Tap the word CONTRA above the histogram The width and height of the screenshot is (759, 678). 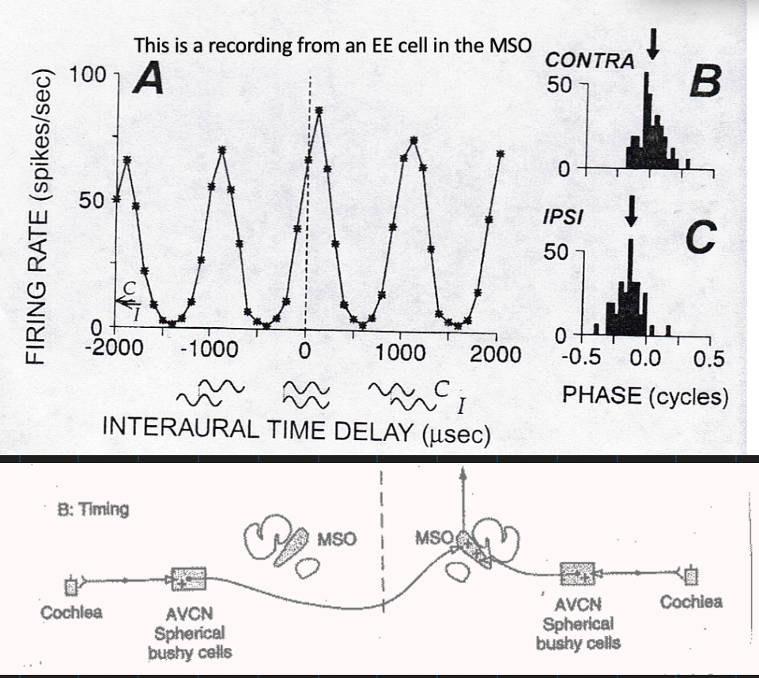591,61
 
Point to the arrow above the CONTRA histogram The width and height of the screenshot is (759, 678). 652,49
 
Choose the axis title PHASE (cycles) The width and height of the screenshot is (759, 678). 645,395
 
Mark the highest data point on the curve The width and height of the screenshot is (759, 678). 319,111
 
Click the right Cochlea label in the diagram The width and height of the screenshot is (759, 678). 691,602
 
